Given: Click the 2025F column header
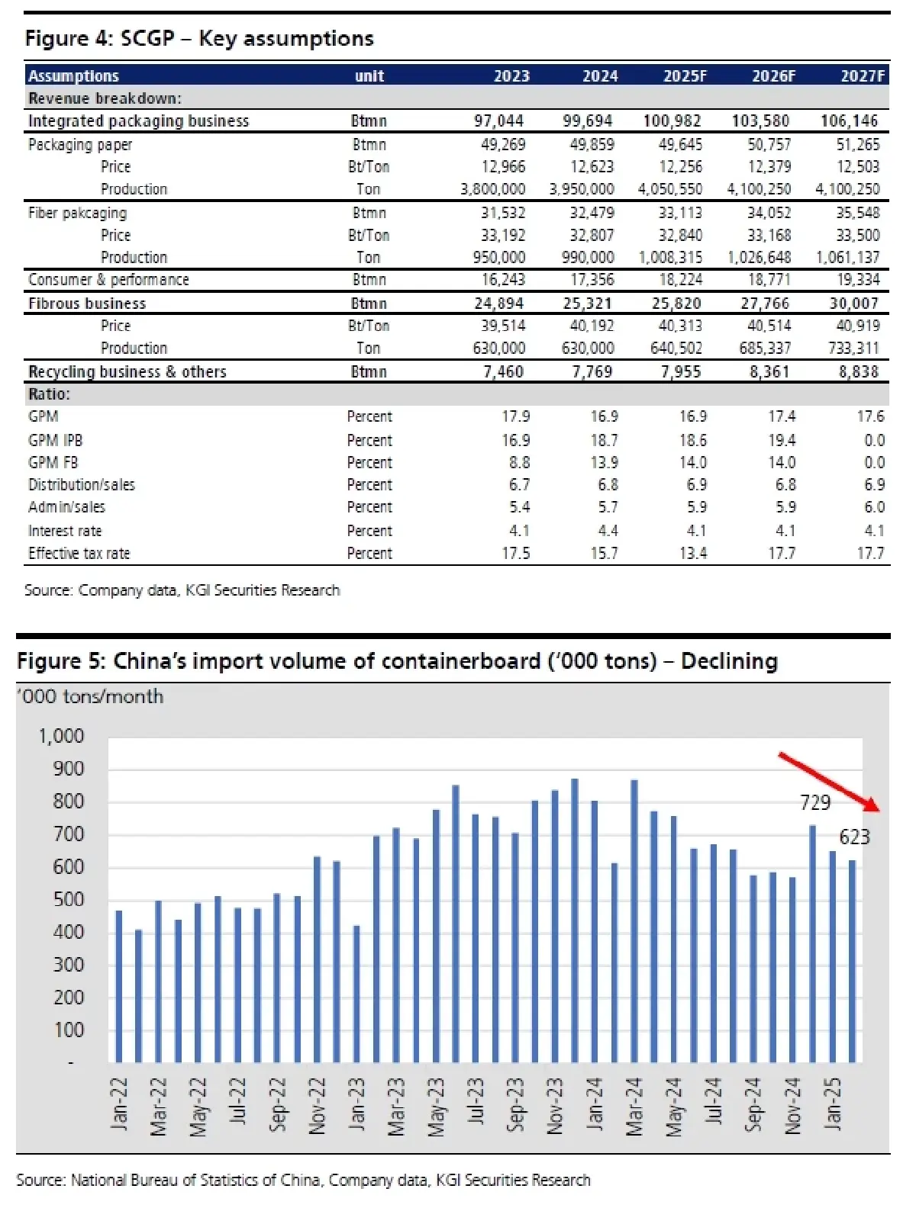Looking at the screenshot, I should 684,75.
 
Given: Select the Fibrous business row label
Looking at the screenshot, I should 87,304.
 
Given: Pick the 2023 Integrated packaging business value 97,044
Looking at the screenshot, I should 498,120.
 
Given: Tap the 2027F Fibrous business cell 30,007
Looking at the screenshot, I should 853,304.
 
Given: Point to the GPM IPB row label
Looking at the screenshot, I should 55,440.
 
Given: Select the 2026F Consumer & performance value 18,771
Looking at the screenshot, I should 769,280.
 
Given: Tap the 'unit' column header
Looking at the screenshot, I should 369,75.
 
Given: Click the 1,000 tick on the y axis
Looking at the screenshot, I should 61,736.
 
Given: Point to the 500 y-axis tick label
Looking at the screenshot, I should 68,899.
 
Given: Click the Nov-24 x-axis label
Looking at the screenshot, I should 793,1104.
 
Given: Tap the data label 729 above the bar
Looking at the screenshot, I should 814,802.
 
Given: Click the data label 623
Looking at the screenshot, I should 854,837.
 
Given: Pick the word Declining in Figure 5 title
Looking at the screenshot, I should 729,660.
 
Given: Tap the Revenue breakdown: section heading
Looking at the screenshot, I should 105,98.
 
